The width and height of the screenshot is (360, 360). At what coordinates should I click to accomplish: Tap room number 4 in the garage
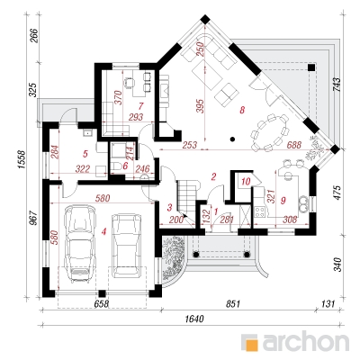[103, 231]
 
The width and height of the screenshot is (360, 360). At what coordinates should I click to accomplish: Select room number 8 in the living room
[242, 110]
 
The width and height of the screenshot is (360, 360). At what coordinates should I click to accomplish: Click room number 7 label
[140, 105]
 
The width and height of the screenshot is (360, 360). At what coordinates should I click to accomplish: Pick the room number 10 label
[246, 182]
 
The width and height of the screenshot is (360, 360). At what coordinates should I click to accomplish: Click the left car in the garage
[80, 244]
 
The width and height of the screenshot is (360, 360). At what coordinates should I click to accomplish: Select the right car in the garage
[125, 246]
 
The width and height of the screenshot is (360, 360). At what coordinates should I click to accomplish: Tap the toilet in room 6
[116, 166]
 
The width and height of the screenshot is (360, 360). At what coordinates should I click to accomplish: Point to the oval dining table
[270, 132]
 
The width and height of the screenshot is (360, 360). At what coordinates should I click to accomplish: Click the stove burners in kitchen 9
[259, 211]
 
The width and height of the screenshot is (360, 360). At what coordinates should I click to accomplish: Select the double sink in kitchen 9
[303, 204]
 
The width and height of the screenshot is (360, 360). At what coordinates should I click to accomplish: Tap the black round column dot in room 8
[232, 139]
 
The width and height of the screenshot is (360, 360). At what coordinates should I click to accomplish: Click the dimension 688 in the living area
[293, 145]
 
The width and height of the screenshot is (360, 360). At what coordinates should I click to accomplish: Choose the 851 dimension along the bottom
[232, 304]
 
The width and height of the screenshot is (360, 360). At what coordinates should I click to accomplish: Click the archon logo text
[306, 341]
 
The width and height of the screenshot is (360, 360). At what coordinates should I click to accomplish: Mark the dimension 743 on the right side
[337, 85]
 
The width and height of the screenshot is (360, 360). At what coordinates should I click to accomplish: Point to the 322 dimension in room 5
[83, 169]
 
